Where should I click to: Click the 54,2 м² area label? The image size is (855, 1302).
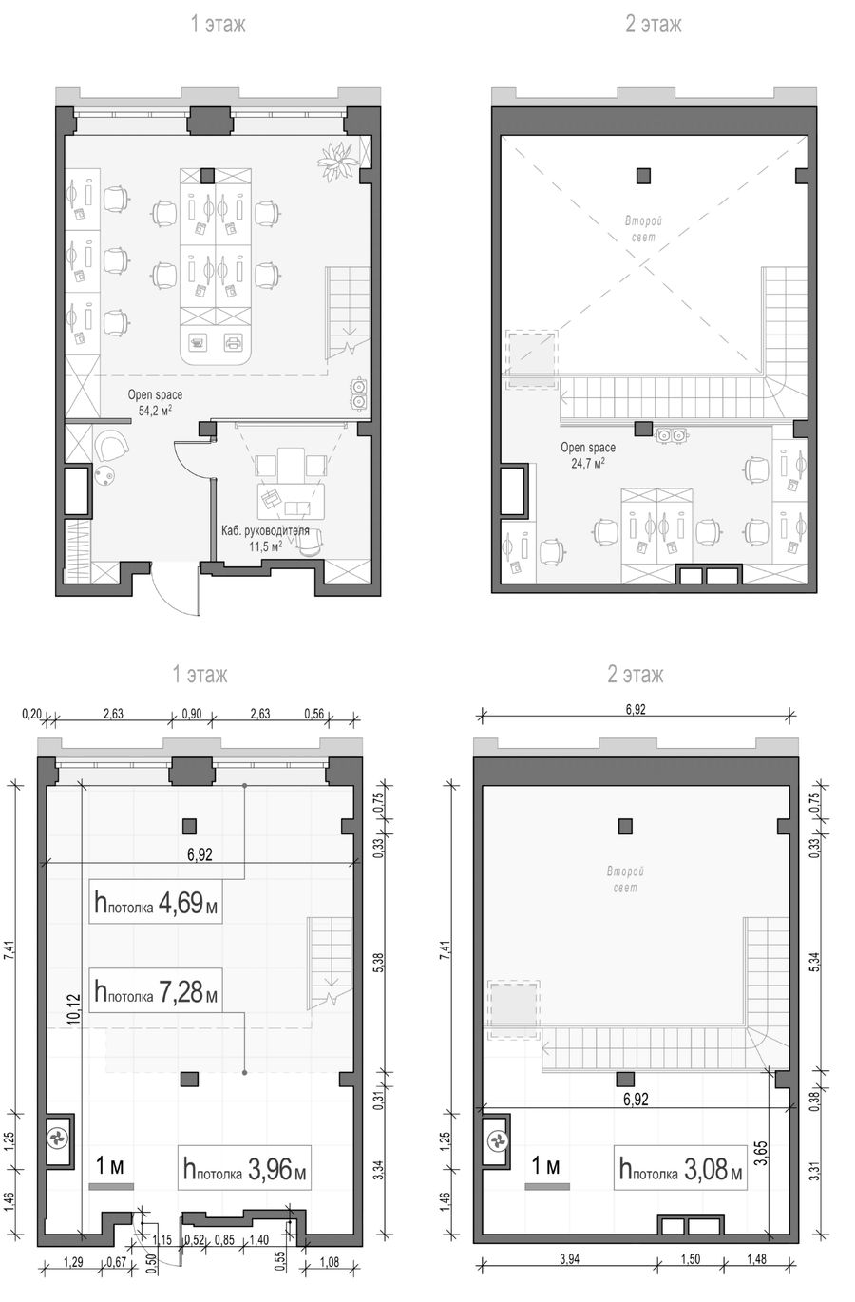point(155,411)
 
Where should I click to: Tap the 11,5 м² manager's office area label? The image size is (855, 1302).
point(265,546)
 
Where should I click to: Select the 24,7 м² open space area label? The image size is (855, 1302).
point(588,463)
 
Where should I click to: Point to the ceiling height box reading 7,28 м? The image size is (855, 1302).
point(156,992)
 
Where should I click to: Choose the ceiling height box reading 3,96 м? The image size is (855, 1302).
point(244,1167)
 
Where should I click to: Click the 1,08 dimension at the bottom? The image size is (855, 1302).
point(329,1262)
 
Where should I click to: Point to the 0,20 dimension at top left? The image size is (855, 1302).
point(31,713)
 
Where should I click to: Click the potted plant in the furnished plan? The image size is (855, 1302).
point(335,161)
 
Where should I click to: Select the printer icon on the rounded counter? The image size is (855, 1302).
point(233,343)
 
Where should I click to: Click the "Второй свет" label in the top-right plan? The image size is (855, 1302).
point(643,229)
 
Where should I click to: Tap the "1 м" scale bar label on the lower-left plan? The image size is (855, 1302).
point(110,1165)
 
